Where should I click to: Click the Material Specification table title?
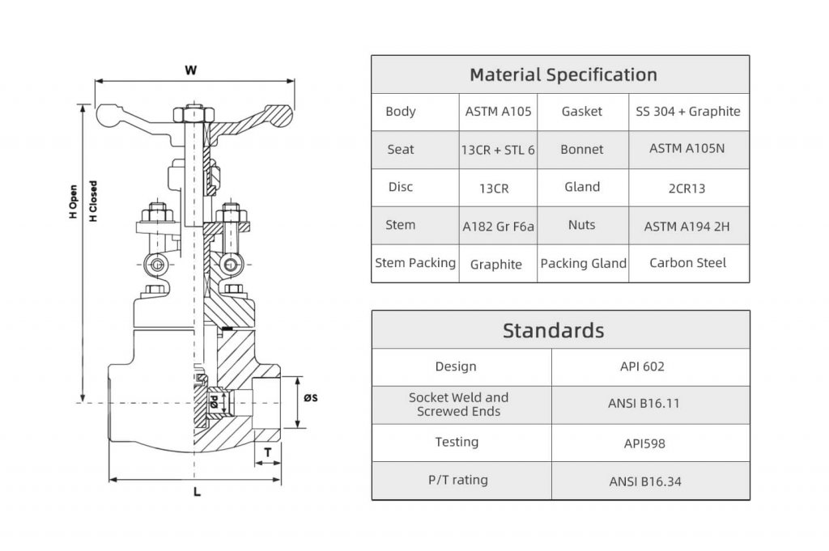(x=563, y=75)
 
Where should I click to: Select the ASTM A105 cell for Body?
(x=498, y=112)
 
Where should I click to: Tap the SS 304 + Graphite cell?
(x=688, y=112)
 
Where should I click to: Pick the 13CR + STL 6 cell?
(x=498, y=150)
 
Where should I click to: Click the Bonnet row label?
(x=581, y=150)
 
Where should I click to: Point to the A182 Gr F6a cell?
(x=498, y=227)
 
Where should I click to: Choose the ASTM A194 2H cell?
(x=687, y=227)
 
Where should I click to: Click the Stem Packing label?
(x=415, y=263)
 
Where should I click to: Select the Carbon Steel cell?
(x=687, y=263)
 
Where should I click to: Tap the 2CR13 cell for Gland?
(x=687, y=188)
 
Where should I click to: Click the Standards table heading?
(x=553, y=330)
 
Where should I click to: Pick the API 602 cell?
(x=642, y=367)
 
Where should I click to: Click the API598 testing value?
(x=643, y=443)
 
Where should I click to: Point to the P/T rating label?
(x=458, y=480)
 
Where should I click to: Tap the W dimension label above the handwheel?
(x=191, y=70)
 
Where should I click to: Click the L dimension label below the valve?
(x=197, y=492)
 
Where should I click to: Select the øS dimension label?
(x=310, y=397)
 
